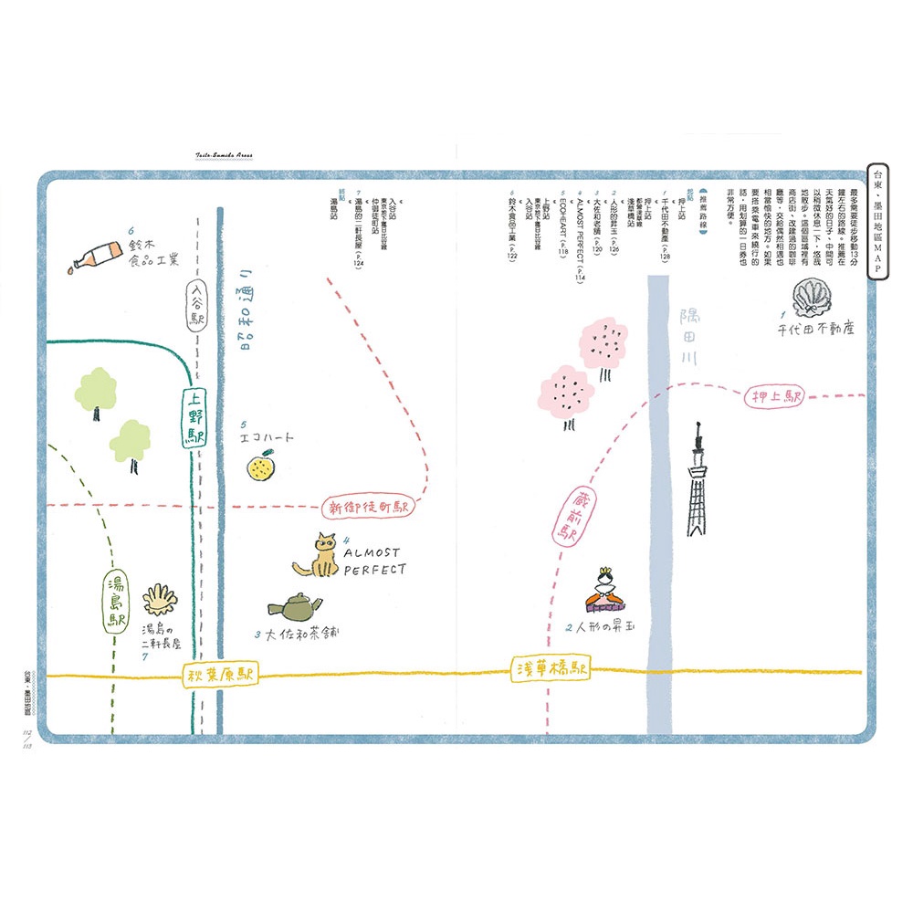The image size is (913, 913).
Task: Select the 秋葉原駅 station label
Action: click(x=220, y=675)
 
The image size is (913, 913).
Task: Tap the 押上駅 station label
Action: click(x=775, y=398)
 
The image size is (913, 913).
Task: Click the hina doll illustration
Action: click(x=603, y=591)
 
